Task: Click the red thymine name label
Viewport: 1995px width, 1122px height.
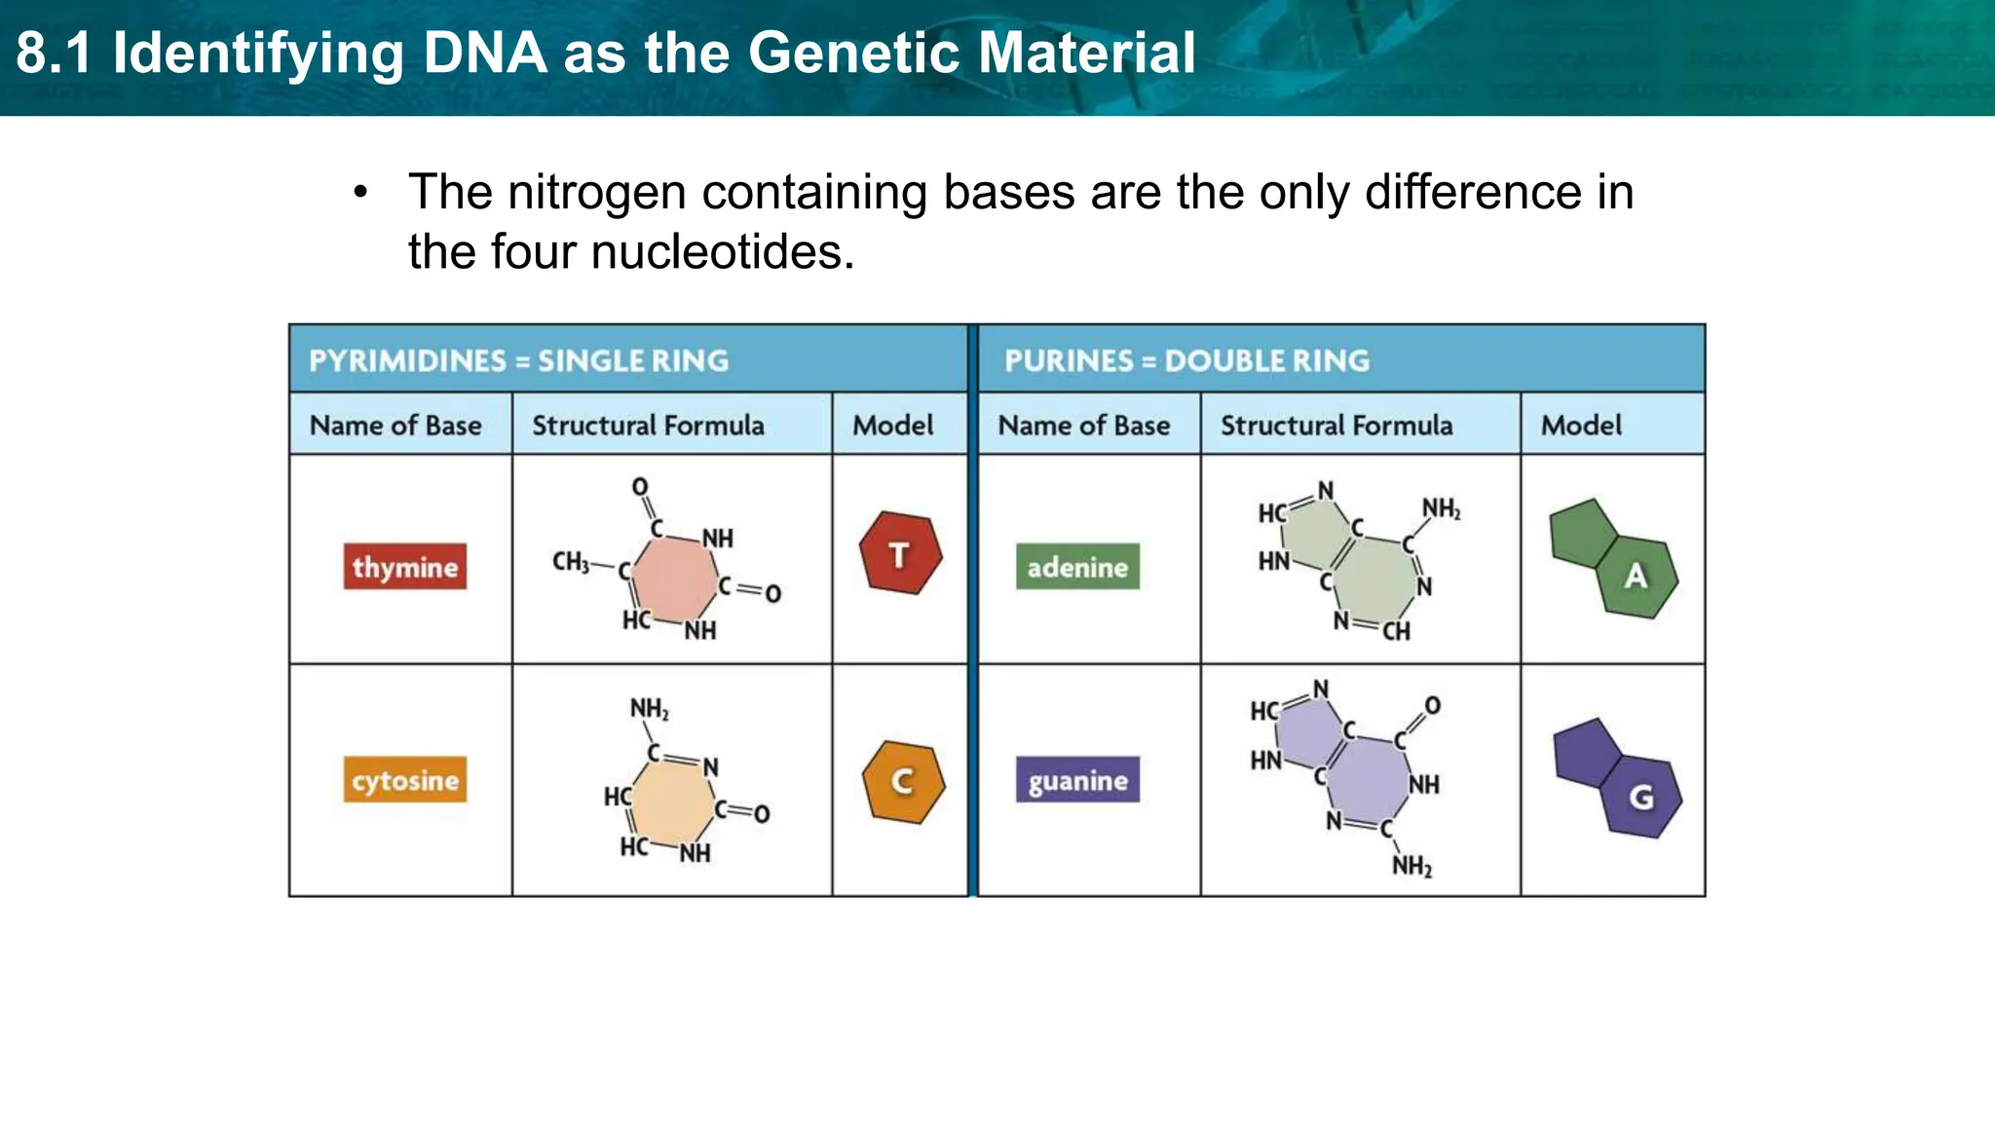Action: click(x=404, y=567)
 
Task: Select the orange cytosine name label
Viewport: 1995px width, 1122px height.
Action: click(x=404, y=780)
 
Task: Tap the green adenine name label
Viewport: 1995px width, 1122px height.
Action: click(x=1077, y=567)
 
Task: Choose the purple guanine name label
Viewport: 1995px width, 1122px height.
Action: click(x=1077, y=780)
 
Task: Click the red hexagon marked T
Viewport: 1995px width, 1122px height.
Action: click(x=900, y=554)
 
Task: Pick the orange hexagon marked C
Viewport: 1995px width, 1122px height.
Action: click(x=903, y=781)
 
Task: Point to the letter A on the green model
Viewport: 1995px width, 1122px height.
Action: click(x=1637, y=576)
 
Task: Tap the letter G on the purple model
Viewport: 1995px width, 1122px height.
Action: click(x=1642, y=797)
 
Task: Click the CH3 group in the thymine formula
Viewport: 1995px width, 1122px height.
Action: click(x=571, y=562)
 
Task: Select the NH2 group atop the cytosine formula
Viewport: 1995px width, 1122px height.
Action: click(x=649, y=708)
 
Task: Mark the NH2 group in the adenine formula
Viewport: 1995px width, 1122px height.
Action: click(x=1441, y=508)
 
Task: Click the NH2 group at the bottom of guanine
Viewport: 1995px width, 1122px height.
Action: click(x=1412, y=866)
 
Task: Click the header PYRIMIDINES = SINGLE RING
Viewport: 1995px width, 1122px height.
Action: click(x=518, y=361)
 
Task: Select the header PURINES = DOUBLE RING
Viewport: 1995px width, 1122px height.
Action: click(x=1186, y=361)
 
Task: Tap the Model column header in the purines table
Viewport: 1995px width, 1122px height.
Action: click(x=1581, y=426)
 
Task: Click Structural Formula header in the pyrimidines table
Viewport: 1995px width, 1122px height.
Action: click(x=648, y=426)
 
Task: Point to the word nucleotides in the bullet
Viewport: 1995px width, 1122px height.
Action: click(x=722, y=252)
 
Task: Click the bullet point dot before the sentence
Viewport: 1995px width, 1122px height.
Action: click(x=361, y=192)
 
